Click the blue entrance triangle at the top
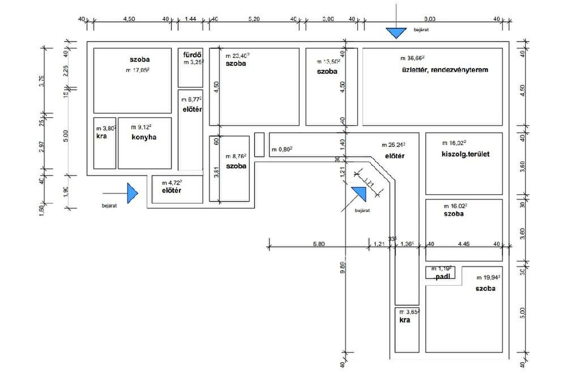pyautogui.click(x=396, y=33)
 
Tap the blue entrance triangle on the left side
pyautogui.click(x=132, y=193)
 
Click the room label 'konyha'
pyautogui.click(x=143, y=137)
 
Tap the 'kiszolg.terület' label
pyautogui.click(x=466, y=154)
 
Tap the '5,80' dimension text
pyautogui.click(x=318, y=244)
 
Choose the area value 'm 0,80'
pyautogui.click(x=282, y=150)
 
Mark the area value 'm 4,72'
pyautogui.click(x=172, y=183)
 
